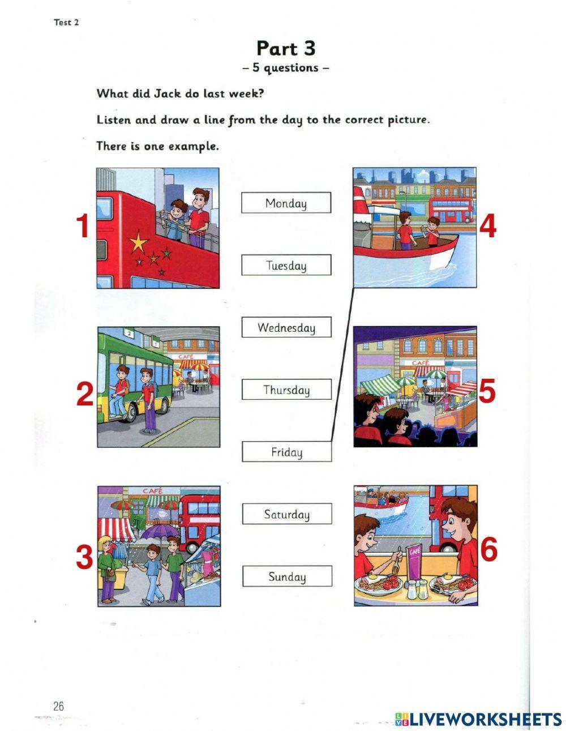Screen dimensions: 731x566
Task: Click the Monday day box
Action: pyautogui.click(x=286, y=203)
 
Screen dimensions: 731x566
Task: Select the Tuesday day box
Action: pyautogui.click(x=286, y=265)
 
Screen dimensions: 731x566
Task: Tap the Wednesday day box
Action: pyautogui.click(x=286, y=327)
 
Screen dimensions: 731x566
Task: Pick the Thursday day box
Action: pyautogui.click(x=286, y=390)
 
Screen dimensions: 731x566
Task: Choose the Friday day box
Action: pyautogui.click(x=286, y=452)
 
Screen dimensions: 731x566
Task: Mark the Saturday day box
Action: pyautogui.click(x=286, y=514)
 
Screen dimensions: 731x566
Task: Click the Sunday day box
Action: pyautogui.click(x=287, y=576)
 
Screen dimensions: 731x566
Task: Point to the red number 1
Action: pyautogui.click(x=83, y=226)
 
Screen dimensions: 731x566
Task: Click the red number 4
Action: pyautogui.click(x=488, y=227)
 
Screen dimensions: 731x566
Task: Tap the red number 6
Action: pyautogui.click(x=488, y=549)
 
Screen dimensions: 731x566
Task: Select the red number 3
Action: pyautogui.click(x=84, y=557)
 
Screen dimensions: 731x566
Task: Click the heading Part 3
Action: pyautogui.click(x=285, y=48)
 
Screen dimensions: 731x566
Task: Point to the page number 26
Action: pyautogui.click(x=59, y=706)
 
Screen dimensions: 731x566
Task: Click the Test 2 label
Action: pyautogui.click(x=66, y=22)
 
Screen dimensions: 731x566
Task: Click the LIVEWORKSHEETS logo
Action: pyautogui.click(x=478, y=719)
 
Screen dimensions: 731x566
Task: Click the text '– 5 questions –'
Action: pyautogui.click(x=285, y=68)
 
